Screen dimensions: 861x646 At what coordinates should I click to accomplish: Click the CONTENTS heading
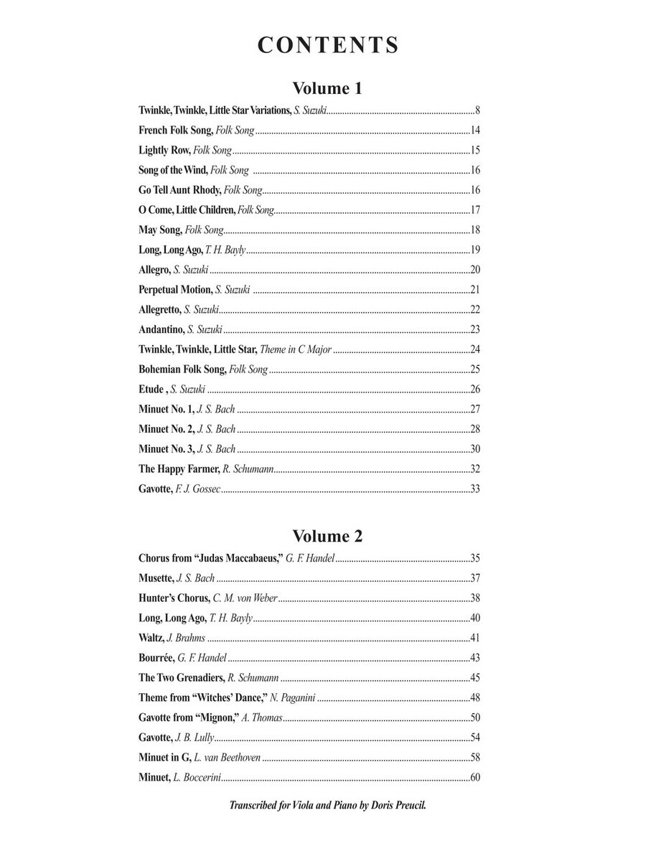pos(327,45)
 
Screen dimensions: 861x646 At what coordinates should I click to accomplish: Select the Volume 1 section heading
pos(327,89)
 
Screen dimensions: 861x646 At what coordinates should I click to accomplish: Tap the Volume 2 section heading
pos(327,536)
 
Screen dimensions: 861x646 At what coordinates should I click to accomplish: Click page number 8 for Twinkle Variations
pos(477,110)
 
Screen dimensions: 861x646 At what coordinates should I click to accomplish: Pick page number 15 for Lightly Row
pos(474,151)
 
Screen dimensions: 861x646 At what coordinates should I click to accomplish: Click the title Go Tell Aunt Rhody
pos(179,190)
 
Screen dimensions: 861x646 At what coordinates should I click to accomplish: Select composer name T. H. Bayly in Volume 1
pos(225,250)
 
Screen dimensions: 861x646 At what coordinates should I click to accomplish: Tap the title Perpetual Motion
pos(175,290)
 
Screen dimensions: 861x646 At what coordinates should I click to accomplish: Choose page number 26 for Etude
pos(474,390)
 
